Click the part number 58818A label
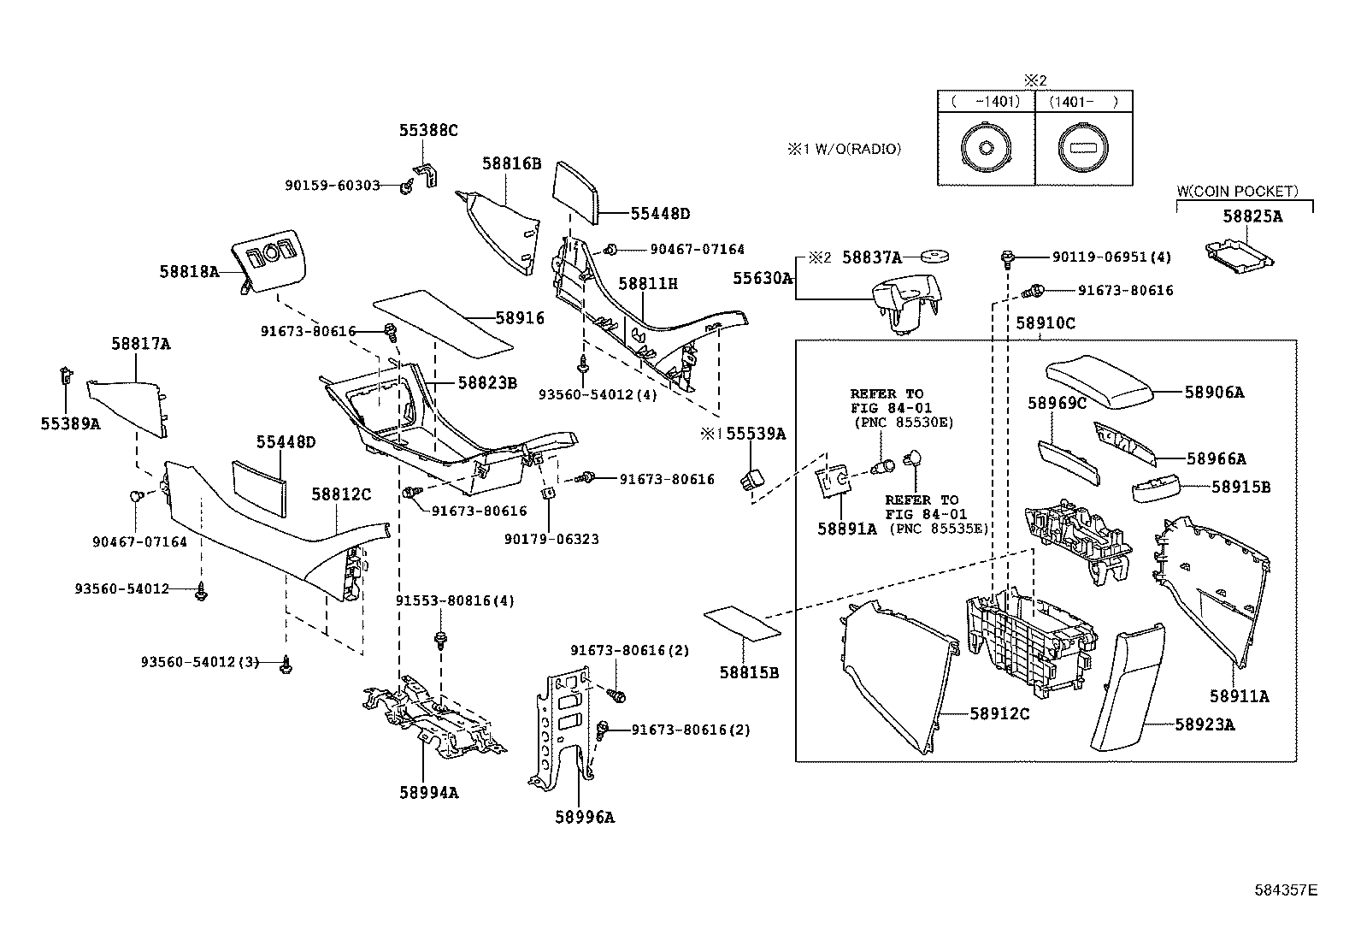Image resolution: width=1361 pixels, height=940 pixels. point(189,271)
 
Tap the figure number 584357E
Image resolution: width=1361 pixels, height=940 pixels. point(1286,890)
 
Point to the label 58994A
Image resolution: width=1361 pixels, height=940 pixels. point(428,793)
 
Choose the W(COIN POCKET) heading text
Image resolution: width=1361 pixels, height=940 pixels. point(1237,192)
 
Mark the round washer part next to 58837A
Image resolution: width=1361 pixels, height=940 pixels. point(937,256)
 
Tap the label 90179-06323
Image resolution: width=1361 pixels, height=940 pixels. point(551,539)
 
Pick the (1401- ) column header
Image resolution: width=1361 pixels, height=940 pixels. point(1083,102)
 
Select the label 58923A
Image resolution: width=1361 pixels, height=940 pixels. point(1204,724)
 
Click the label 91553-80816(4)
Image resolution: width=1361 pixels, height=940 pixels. point(455,601)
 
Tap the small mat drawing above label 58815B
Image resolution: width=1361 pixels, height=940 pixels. point(741,623)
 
